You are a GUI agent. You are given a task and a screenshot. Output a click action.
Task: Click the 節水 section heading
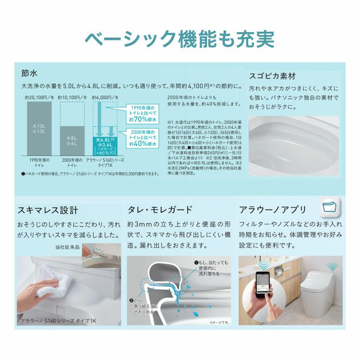(x=29, y=73)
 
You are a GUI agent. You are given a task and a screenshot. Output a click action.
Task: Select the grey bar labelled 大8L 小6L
(x=72, y=139)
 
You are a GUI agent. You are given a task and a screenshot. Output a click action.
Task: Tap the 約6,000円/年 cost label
(x=105, y=96)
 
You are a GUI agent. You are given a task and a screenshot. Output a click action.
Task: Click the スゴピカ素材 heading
(x=272, y=77)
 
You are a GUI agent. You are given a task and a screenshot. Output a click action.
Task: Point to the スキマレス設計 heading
(x=48, y=210)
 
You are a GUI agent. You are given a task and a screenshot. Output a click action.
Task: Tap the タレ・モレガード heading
(x=160, y=210)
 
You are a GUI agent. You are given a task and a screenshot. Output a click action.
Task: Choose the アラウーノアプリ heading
(x=272, y=210)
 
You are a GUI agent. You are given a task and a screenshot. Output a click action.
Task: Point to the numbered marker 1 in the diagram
(x=196, y=263)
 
